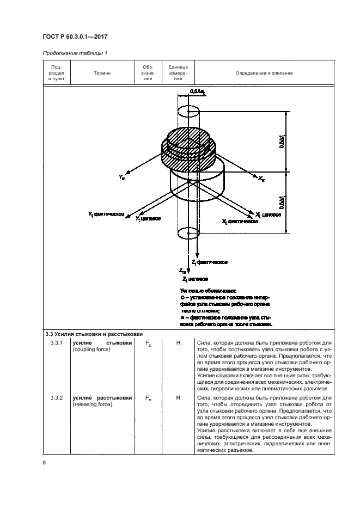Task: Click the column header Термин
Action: point(102,73)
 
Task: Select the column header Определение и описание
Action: point(264,73)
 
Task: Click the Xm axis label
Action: point(262,178)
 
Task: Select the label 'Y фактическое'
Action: point(107,214)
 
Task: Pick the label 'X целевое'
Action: point(267,214)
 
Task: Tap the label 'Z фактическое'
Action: point(209,262)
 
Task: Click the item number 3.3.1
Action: point(57,343)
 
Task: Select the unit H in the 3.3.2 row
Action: point(178,398)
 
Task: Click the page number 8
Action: point(44,463)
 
